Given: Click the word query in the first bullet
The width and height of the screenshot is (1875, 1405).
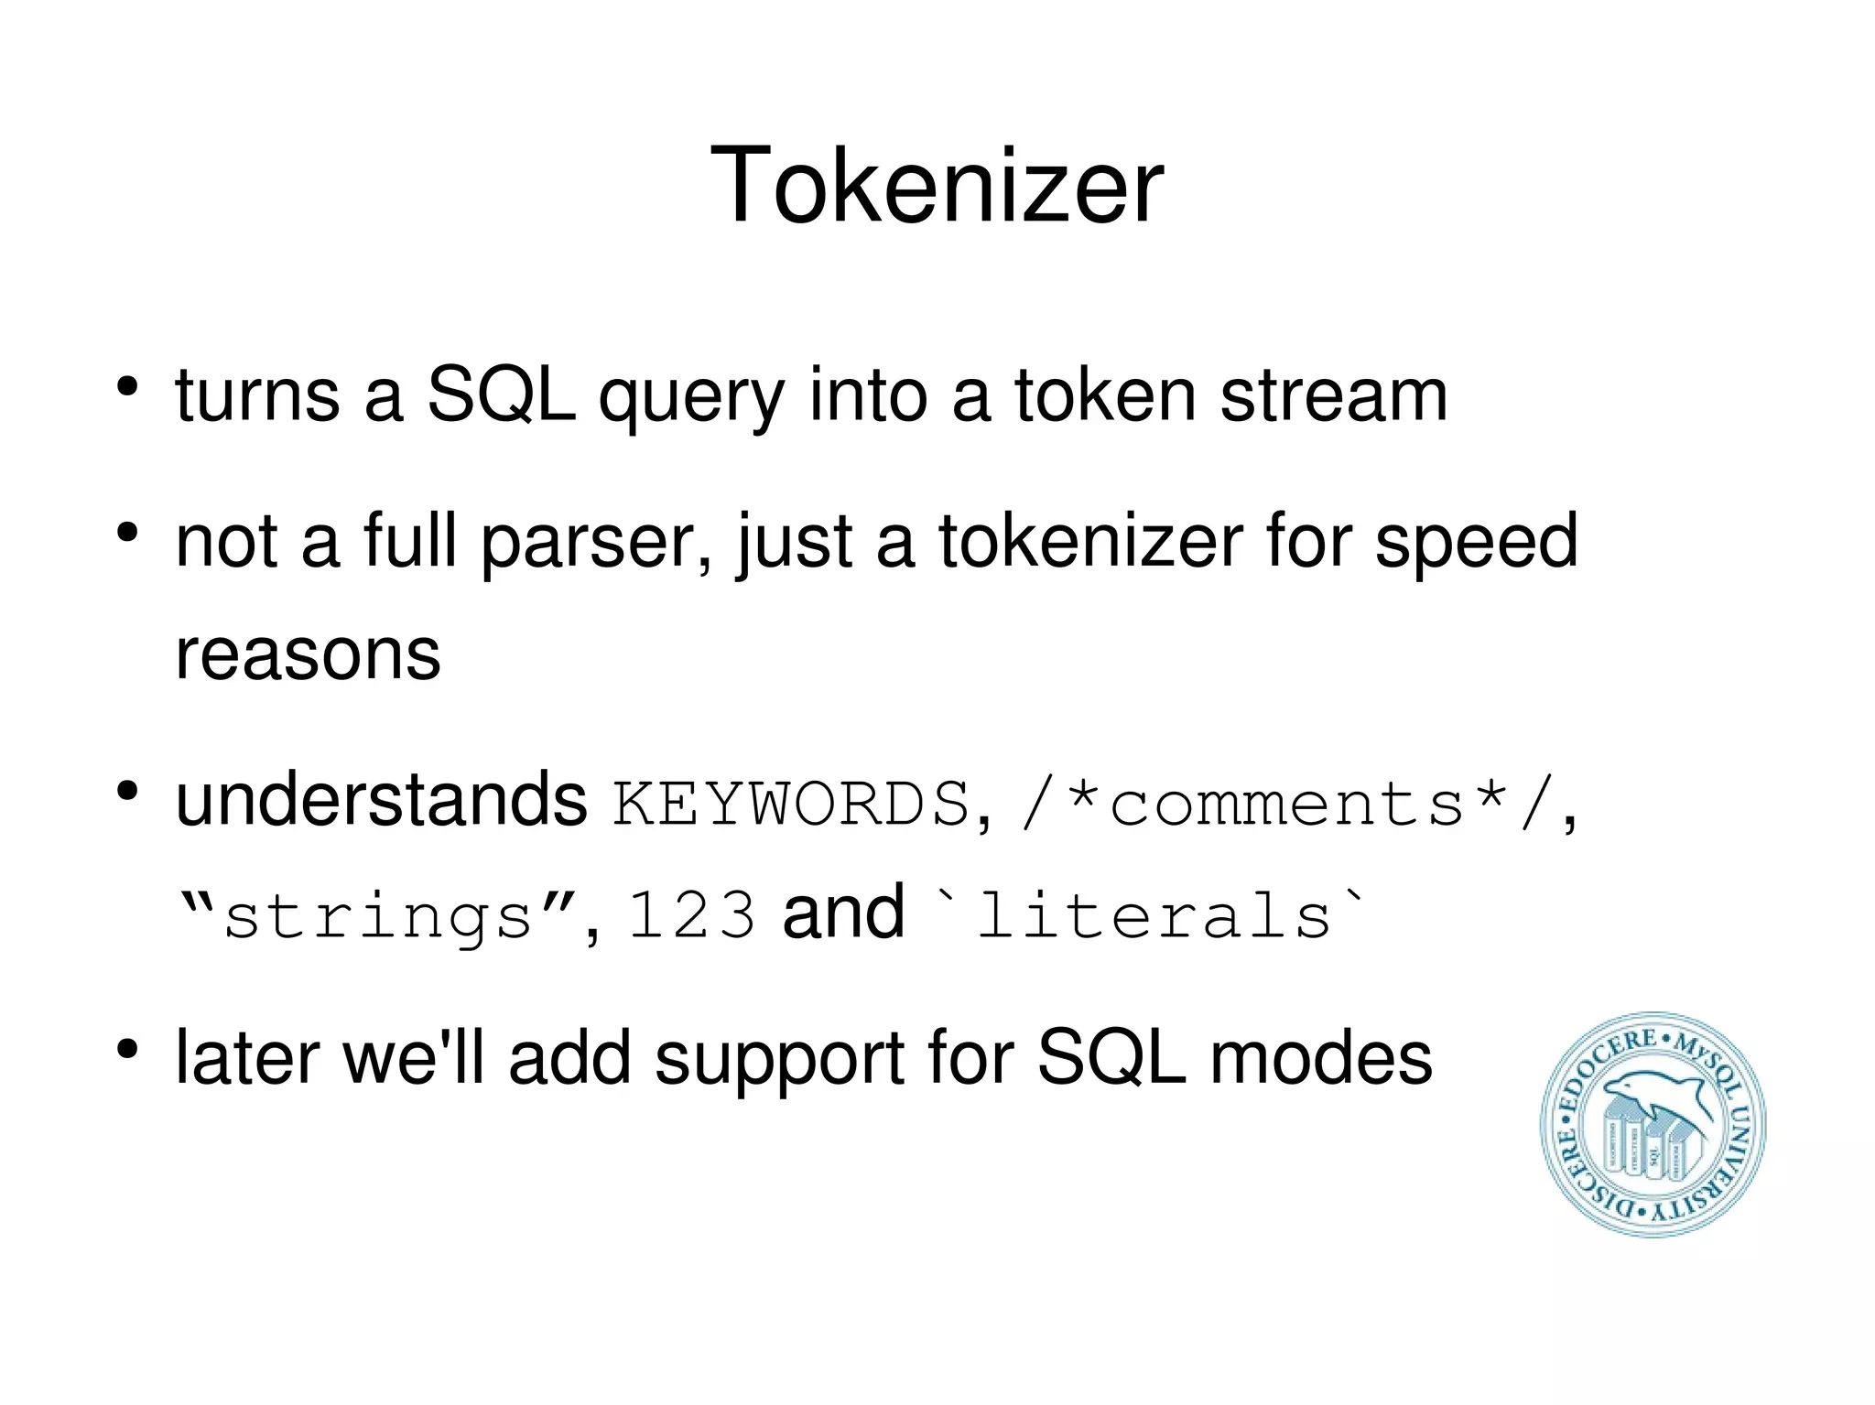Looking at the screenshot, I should [691, 397].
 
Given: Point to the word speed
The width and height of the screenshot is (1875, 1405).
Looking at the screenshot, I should [1476, 542].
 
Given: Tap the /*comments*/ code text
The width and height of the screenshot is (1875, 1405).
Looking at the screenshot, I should [1289, 804].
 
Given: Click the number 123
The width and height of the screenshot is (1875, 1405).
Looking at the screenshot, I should [692, 915].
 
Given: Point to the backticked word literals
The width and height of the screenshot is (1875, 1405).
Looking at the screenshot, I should [1152, 915].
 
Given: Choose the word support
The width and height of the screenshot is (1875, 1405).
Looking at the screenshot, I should [779, 1060].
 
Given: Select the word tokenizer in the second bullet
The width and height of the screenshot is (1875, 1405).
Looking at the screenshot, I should [1089, 542].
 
